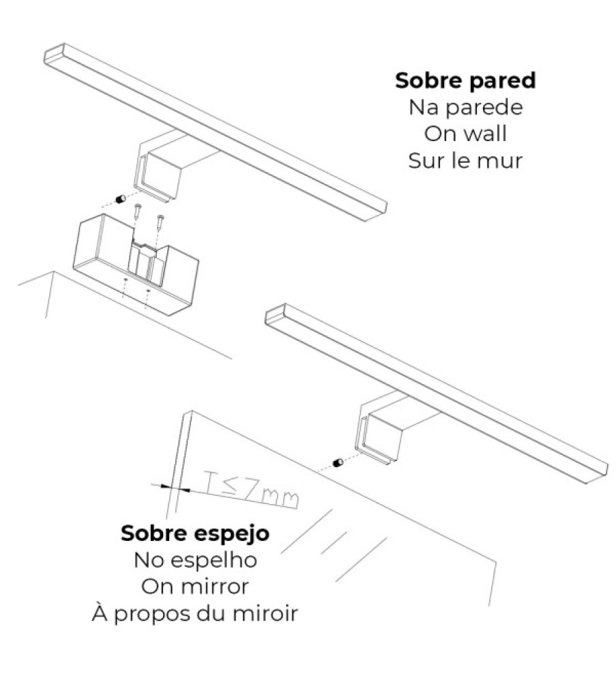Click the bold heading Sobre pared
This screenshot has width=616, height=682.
tap(465, 80)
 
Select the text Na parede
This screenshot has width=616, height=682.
tap(465, 107)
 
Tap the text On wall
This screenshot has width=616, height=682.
tap(465, 134)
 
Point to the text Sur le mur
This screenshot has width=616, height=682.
tap(465, 161)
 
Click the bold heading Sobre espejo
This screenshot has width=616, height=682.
tap(195, 533)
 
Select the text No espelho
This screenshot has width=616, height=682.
tap(195, 560)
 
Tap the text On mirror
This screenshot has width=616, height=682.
tap(195, 587)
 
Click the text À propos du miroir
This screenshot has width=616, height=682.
tap(195, 614)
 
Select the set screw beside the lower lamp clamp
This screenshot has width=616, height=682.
tap(337, 463)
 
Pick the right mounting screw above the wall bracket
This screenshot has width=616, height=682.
tap(160, 223)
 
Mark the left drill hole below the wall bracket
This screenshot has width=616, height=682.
tap(126, 280)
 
